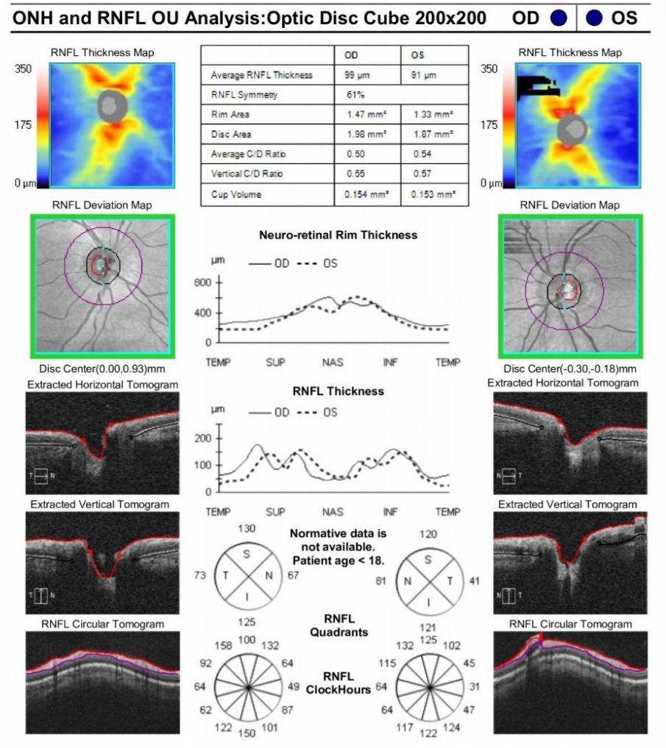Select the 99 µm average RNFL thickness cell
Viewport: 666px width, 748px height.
pyautogui.click(x=357, y=75)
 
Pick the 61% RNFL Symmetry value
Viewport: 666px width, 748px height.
pyautogui.click(x=356, y=95)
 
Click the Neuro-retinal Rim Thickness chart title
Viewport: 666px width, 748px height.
pyautogui.click(x=338, y=235)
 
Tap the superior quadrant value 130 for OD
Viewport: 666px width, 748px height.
pyautogui.click(x=248, y=530)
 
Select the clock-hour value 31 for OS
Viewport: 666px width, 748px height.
pyautogui.click(x=475, y=687)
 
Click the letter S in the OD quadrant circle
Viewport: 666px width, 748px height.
pyautogui.click(x=247, y=554)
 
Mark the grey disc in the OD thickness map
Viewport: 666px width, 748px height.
pyautogui.click(x=113, y=107)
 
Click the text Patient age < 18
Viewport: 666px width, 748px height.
pyautogui.click(x=339, y=561)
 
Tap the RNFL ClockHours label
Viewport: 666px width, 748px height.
pyautogui.click(x=339, y=683)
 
